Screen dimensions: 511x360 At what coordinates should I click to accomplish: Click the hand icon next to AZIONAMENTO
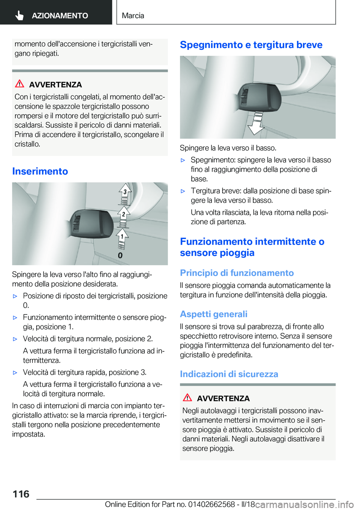tap(19, 15)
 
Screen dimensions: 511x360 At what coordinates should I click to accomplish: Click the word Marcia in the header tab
tap(133, 15)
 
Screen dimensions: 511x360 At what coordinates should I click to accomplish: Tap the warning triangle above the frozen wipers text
tap(19, 84)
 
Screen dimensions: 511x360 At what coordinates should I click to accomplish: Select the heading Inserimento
tap(40, 171)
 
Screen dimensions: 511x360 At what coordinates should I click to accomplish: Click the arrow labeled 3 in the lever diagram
tap(125, 191)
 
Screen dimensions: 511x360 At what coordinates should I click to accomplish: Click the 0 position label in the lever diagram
tap(120, 255)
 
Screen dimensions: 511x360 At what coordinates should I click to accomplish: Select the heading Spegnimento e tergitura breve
tap(251, 45)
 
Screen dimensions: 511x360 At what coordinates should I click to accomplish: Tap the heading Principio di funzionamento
tap(237, 273)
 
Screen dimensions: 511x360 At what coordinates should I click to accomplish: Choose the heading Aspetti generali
tap(213, 314)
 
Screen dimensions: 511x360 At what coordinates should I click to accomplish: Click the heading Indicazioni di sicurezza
tap(229, 374)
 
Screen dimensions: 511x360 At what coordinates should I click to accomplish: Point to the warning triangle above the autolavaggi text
tap(187, 397)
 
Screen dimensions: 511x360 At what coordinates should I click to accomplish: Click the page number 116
tap(21, 494)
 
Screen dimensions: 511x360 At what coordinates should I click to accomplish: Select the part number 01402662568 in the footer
tap(211, 505)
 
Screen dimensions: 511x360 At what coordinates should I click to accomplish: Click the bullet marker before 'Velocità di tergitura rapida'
tap(15, 373)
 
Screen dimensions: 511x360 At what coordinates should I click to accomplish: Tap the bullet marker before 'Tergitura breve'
tap(183, 191)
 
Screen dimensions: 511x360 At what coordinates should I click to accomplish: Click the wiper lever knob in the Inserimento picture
tap(92, 224)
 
